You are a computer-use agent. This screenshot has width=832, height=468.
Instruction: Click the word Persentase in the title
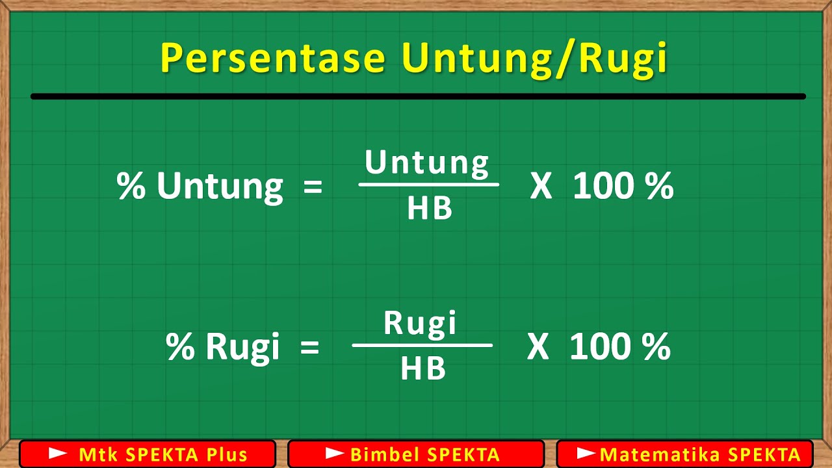click(273, 58)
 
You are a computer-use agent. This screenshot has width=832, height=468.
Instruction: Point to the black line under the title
click(418, 96)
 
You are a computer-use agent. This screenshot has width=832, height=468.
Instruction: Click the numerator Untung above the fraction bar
click(427, 164)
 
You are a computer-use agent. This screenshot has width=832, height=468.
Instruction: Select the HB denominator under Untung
click(429, 209)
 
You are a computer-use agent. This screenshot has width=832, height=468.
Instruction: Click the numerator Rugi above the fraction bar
click(420, 324)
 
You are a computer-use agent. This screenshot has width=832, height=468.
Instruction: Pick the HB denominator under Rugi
click(423, 369)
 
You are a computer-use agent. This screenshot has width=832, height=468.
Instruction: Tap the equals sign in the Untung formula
click(313, 187)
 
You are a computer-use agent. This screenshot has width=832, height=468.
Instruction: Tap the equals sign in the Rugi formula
click(309, 347)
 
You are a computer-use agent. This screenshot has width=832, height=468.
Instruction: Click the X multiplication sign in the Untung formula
click(541, 187)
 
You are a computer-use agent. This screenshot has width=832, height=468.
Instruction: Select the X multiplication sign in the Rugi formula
click(538, 347)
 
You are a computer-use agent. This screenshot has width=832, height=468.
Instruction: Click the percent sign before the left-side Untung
click(131, 187)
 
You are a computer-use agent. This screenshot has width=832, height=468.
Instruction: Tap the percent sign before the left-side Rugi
click(181, 347)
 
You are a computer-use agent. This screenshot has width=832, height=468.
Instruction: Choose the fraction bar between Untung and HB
click(428, 185)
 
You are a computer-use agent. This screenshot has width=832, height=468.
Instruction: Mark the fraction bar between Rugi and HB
click(422, 345)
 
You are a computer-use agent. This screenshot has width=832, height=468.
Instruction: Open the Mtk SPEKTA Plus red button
click(148, 454)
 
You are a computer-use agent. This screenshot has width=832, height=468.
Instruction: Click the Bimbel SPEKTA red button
click(415, 454)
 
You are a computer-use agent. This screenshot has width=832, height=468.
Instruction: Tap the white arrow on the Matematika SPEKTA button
click(586, 453)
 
